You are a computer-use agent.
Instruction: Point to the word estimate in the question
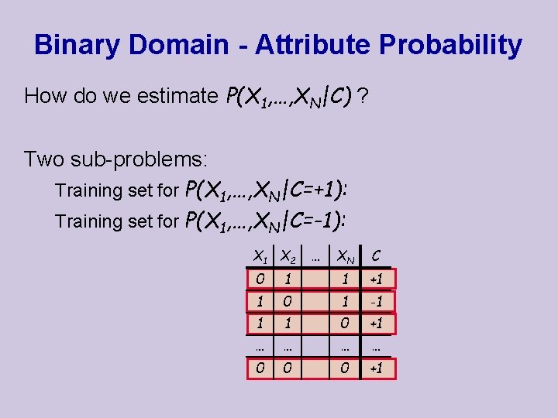click(177, 96)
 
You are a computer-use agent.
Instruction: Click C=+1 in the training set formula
click(315, 190)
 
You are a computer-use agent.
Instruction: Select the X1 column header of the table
click(261, 255)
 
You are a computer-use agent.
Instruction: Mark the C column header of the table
click(375, 255)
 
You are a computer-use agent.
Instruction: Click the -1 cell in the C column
click(375, 300)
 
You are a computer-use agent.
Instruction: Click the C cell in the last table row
click(375, 369)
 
